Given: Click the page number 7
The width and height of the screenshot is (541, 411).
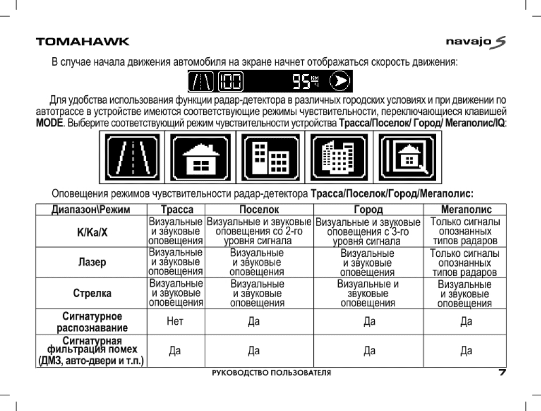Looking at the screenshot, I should pos(502,372).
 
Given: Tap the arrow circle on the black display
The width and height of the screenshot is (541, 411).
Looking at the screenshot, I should pos(341,82).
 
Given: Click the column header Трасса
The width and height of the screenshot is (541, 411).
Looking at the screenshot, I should pos(177,210).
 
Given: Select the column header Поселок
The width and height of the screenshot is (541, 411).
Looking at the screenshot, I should pos(259,210).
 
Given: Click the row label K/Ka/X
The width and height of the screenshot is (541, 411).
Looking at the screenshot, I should pos(93,231).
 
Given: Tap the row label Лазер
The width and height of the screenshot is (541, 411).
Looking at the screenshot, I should pos(93,263).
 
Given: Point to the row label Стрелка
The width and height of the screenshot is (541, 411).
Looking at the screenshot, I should pos(93,293).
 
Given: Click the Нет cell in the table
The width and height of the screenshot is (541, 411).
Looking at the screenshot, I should pos(175,321).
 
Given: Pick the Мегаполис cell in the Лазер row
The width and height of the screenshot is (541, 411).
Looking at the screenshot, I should pos(465,263).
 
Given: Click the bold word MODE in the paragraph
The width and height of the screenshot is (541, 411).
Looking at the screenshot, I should pos(49,123).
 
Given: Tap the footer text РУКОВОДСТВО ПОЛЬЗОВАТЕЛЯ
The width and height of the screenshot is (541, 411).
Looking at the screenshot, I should pos(271,373).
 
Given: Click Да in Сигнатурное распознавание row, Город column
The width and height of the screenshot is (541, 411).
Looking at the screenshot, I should pos(369,321).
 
